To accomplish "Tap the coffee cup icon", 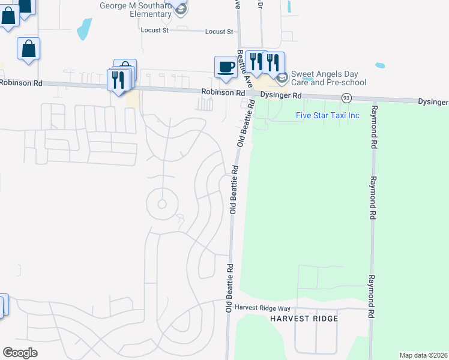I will pos(226,66).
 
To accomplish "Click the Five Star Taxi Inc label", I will pos(327,115).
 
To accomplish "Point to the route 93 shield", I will pos(346,97).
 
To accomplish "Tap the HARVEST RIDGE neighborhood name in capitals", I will pos(304,318).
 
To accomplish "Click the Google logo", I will pos(20,352).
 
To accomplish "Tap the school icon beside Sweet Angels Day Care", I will pos(282,78).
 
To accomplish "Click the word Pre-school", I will pos(344,83).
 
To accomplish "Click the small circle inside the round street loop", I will pos(161,204).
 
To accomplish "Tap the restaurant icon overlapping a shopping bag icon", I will pos(117,79).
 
